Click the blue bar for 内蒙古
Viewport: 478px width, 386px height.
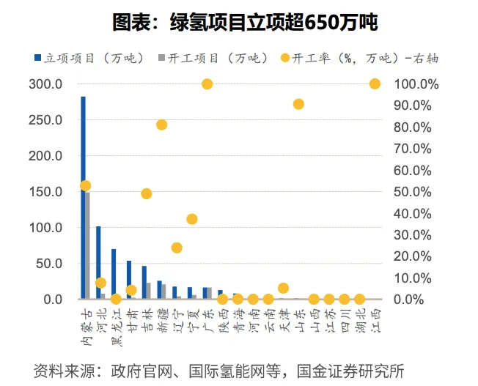tap(83, 198)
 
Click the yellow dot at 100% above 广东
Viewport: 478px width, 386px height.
tap(207, 84)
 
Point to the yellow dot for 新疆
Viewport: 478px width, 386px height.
tap(162, 125)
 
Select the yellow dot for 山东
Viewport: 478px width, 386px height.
tap(298, 104)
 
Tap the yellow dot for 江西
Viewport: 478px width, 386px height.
tap(375, 84)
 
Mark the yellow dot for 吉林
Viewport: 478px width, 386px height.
tap(147, 193)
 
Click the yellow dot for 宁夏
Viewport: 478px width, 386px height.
tap(192, 219)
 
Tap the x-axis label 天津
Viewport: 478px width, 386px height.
tap(282, 318)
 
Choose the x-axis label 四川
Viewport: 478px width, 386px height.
tap(344, 318)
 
